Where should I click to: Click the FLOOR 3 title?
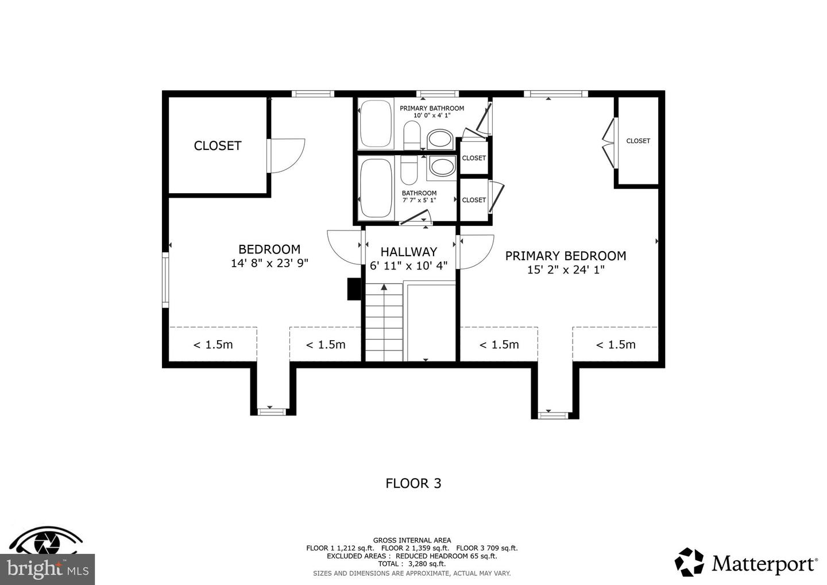pyautogui.click(x=413, y=483)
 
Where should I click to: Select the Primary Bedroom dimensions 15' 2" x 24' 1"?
pyautogui.click(x=566, y=270)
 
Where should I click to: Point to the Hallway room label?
pyautogui.click(x=409, y=252)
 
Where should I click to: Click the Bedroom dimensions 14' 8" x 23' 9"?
pyautogui.click(x=269, y=263)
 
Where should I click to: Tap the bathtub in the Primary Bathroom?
pyautogui.click(x=376, y=124)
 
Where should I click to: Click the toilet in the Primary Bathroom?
pyautogui.click(x=412, y=135)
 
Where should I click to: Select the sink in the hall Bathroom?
pyautogui.click(x=442, y=167)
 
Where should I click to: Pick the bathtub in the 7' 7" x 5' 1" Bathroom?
pyautogui.click(x=376, y=188)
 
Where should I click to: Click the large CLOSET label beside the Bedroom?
pyautogui.click(x=218, y=146)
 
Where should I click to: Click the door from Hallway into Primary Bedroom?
pyautogui.click(x=476, y=252)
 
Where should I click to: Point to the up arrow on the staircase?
pyautogui.click(x=384, y=287)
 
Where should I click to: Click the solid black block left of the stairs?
pyautogui.click(x=354, y=289)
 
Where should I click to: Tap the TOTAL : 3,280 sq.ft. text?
pyautogui.click(x=412, y=564)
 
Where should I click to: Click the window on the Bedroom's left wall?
pyautogui.click(x=166, y=280)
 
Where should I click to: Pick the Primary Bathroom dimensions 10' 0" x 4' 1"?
pyautogui.click(x=432, y=116)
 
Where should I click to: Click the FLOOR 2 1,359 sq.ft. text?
pyautogui.click(x=415, y=548)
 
